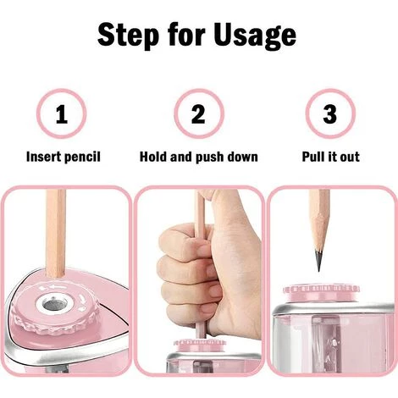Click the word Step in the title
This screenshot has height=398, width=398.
[128, 36]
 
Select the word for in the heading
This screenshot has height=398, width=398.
[185, 34]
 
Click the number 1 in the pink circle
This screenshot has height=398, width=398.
[61, 114]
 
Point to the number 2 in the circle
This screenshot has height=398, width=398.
[198, 114]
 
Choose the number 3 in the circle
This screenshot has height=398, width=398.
[329, 114]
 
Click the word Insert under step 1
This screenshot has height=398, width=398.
[43, 157]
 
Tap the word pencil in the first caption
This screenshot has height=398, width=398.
[82, 158]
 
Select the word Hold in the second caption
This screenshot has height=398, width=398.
[153, 157]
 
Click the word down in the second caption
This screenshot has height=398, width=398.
[242, 157]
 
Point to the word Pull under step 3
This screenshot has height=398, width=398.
[313, 157]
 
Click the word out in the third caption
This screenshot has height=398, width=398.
[350, 157]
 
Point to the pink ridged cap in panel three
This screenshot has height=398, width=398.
[321, 292]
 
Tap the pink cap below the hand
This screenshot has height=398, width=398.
[200, 345]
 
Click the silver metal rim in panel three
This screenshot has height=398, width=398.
[333, 309]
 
